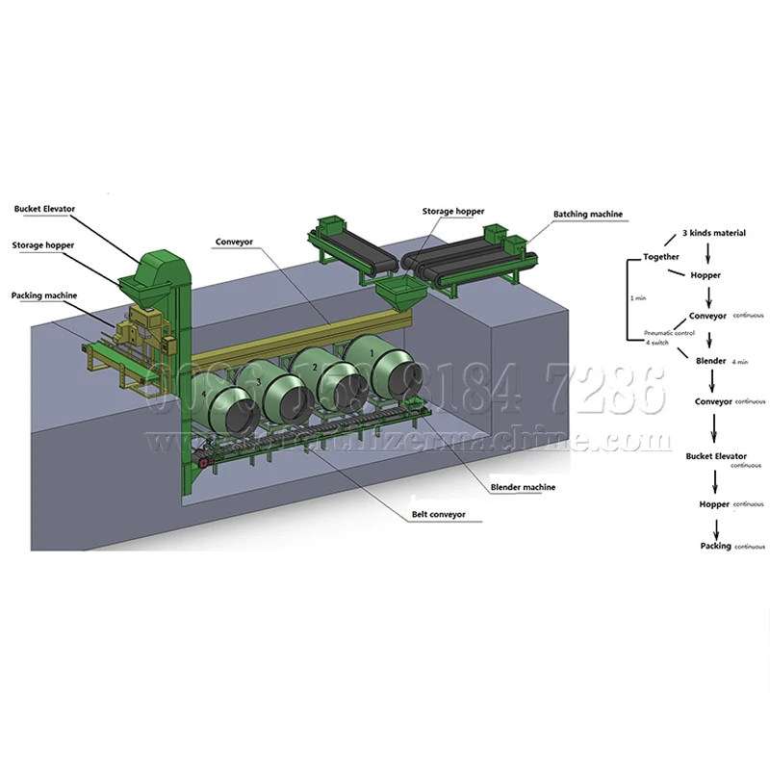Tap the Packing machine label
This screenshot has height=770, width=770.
[44, 295]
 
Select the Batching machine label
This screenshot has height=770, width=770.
[587, 214]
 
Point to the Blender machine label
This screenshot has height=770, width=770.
[523, 488]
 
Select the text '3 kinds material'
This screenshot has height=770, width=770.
[713, 234]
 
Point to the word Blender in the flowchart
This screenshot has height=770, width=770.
[710, 361]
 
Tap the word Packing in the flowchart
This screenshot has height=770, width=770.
[716, 547]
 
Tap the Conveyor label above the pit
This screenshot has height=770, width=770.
[235, 243]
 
